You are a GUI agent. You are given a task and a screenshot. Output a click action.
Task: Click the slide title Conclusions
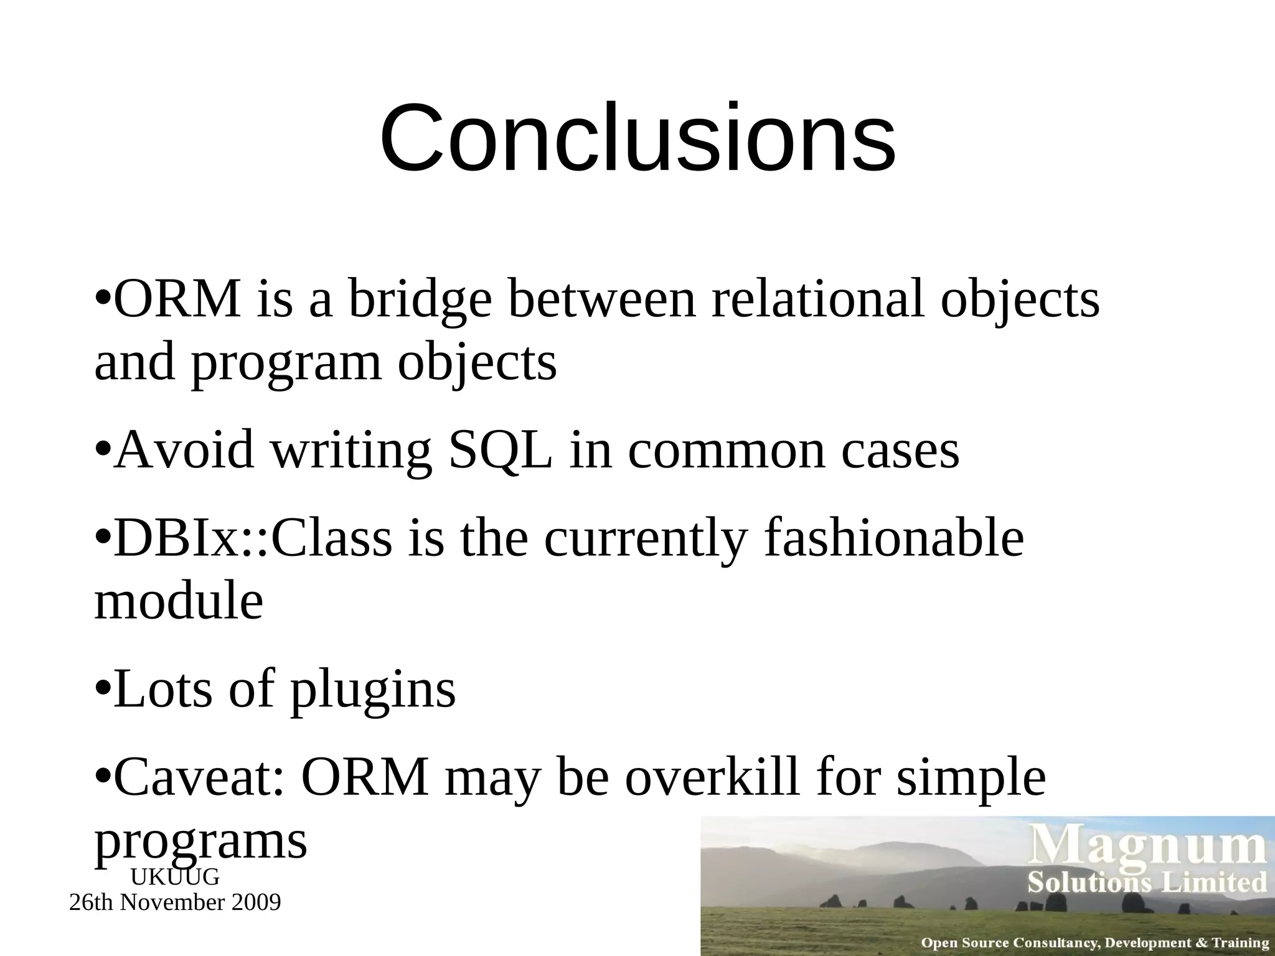point(637,138)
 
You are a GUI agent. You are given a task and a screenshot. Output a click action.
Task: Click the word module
point(179,602)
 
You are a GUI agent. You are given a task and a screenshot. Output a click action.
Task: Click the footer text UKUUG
point(175,878)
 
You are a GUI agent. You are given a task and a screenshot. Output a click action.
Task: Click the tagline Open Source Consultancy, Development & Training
point(1094,943)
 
